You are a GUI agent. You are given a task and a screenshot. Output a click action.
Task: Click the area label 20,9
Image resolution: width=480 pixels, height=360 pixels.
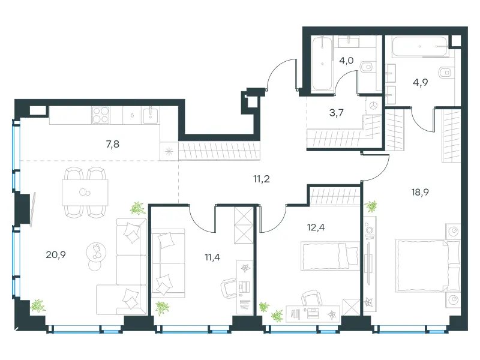coord(56,254)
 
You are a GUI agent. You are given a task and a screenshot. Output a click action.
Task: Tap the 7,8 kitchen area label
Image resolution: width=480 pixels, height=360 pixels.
coord(113,144)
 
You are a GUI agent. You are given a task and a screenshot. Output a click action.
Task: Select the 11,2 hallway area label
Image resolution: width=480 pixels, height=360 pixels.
coord(262,179)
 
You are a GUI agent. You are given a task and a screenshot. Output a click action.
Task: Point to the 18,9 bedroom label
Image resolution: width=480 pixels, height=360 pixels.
coord(420,192)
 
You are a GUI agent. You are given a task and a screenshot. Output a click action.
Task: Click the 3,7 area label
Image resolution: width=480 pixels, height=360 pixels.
coord(337,113)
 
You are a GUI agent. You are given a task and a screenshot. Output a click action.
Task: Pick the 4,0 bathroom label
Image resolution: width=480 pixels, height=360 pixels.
coord(346,61)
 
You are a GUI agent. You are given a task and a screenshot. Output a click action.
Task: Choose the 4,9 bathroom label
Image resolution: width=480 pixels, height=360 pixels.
coord(421,82)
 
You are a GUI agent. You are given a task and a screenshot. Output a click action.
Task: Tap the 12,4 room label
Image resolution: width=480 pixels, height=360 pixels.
coord(316,227)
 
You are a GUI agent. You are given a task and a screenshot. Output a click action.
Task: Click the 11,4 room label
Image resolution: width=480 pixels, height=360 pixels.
coord(212,257)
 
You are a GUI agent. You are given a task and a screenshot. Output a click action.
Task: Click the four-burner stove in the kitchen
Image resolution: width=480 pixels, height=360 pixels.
coord(100,115)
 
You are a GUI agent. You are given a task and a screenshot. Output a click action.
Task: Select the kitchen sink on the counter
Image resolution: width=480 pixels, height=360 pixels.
coord(151,115)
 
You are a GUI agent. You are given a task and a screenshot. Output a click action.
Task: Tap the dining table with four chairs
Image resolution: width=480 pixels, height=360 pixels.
coord(85,193)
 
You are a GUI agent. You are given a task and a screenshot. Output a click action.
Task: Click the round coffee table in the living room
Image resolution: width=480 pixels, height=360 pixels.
coord(97,252)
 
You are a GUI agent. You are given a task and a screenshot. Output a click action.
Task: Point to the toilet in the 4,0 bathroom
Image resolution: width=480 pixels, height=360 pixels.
coord(366,67)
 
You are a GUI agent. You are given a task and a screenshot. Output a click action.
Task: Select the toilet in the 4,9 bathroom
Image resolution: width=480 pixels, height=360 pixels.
coord(445,73)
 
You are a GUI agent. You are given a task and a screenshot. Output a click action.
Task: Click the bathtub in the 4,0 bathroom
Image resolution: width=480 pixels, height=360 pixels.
coord(322,63)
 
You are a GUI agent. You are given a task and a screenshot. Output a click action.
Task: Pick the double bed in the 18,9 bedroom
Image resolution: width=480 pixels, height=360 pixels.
coord(428,265)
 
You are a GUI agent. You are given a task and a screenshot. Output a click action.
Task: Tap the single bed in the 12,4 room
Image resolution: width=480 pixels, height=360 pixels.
coord(330,256)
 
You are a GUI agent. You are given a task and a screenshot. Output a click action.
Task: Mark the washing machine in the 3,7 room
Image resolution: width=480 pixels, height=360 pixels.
coord(373,106)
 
